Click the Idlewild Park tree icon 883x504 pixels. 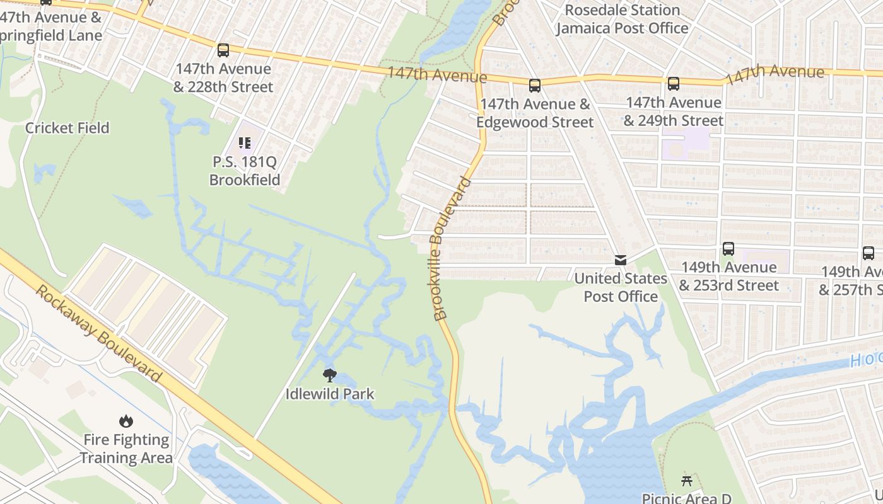329,376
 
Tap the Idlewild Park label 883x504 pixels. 330,394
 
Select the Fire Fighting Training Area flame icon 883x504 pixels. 126,421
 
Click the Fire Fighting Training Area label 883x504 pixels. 126,449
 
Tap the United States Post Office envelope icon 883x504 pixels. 621,260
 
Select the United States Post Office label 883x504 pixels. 621,287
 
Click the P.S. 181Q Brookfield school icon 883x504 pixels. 244,143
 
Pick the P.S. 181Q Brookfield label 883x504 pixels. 244,171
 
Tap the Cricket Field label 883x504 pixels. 67,128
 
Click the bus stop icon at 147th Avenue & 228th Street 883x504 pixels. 223,50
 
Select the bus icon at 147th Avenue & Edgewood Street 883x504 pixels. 535,86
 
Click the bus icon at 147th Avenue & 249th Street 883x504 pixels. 674,84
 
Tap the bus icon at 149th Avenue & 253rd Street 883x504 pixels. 728,249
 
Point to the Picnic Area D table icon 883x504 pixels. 687,481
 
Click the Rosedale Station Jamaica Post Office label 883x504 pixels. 622,19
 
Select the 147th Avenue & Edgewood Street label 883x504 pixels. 535,113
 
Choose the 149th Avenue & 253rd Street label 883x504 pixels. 728,276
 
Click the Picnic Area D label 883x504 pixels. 687,498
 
